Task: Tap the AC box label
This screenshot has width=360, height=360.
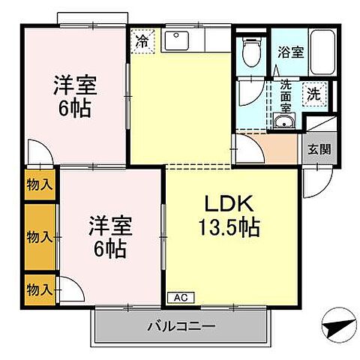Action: [181, 298]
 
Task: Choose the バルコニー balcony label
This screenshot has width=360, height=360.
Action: [180, 327]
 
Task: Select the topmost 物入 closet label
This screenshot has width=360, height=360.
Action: [38, 184]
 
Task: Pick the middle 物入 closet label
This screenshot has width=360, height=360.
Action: [38, 237]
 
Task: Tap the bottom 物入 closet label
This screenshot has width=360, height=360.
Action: [38, 287]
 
